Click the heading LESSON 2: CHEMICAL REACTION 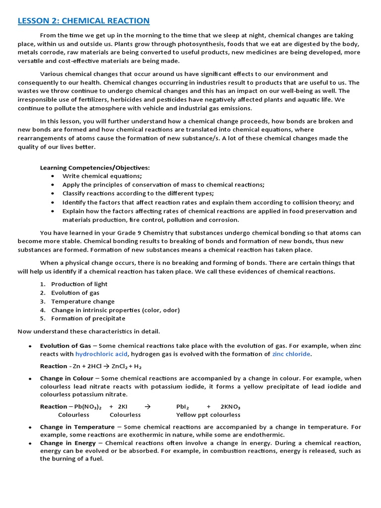tap(83, 20)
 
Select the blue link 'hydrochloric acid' tap(101, 354)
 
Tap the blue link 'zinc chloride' tap(291, 354)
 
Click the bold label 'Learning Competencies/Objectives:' tap(95, 168)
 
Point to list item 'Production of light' tap(79, 284)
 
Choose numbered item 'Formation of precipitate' tap(88, 318)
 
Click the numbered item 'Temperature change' tap(82, 301)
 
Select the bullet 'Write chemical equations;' tap(102, 176)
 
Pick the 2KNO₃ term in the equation tap(230, 406)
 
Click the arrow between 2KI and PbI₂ tap(146, 406)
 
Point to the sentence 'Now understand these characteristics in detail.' tap(89, 331)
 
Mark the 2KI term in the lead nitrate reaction tap(123, 406)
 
